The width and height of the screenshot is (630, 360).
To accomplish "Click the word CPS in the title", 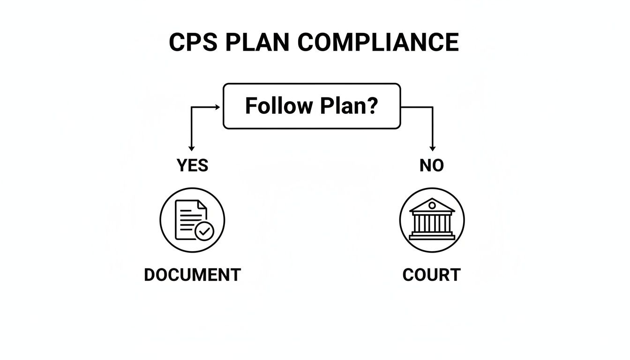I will point(193,43).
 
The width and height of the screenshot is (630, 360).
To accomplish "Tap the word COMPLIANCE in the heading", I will point(378,43).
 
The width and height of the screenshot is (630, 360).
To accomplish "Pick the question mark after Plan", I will point(372,106).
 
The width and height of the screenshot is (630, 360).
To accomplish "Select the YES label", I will point(192,165).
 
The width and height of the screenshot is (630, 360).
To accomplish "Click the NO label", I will point(432,165).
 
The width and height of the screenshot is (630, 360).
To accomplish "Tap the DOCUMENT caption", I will point(192,275).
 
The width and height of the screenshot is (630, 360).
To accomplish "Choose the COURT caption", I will point(431,275).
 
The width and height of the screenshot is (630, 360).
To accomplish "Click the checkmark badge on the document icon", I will point(204,231).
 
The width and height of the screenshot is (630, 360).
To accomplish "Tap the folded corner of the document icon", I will point(202,205).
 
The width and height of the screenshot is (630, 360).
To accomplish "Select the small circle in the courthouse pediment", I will point(432,205).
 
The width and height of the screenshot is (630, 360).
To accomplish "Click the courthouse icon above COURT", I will point(432,220).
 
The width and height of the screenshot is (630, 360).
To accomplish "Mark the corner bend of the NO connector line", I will point(432,107).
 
